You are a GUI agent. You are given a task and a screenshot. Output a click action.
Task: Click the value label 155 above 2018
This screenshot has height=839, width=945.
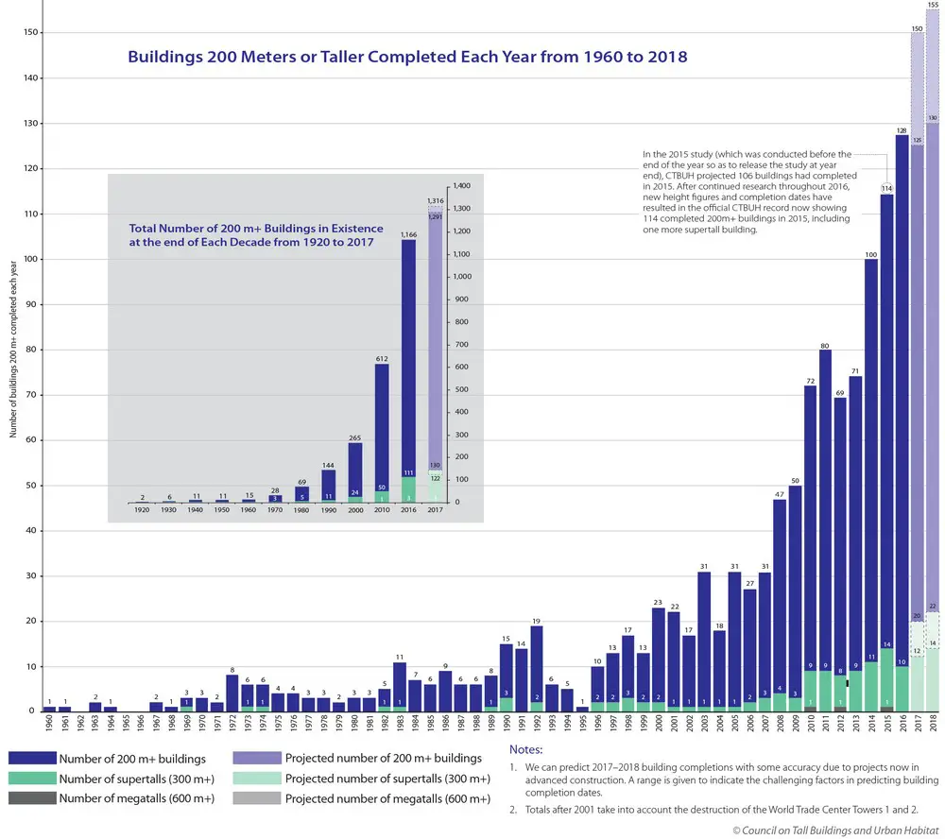tap(933, 5)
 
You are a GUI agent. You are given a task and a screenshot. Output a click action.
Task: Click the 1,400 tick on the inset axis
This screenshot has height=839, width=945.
tap(460, 187)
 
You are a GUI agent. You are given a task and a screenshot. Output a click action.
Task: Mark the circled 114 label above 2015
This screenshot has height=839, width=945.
tap(886, 188)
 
